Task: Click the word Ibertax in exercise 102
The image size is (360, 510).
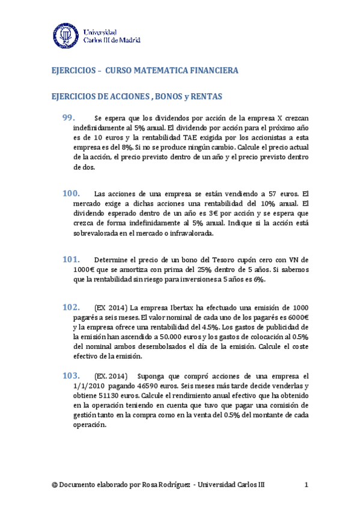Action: pyautogui.click(x=204, y=308)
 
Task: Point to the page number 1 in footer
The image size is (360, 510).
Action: pyautogui.click(x=307, y=485)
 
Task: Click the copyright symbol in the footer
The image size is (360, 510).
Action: pyautogui.click(x=55, y=485)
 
